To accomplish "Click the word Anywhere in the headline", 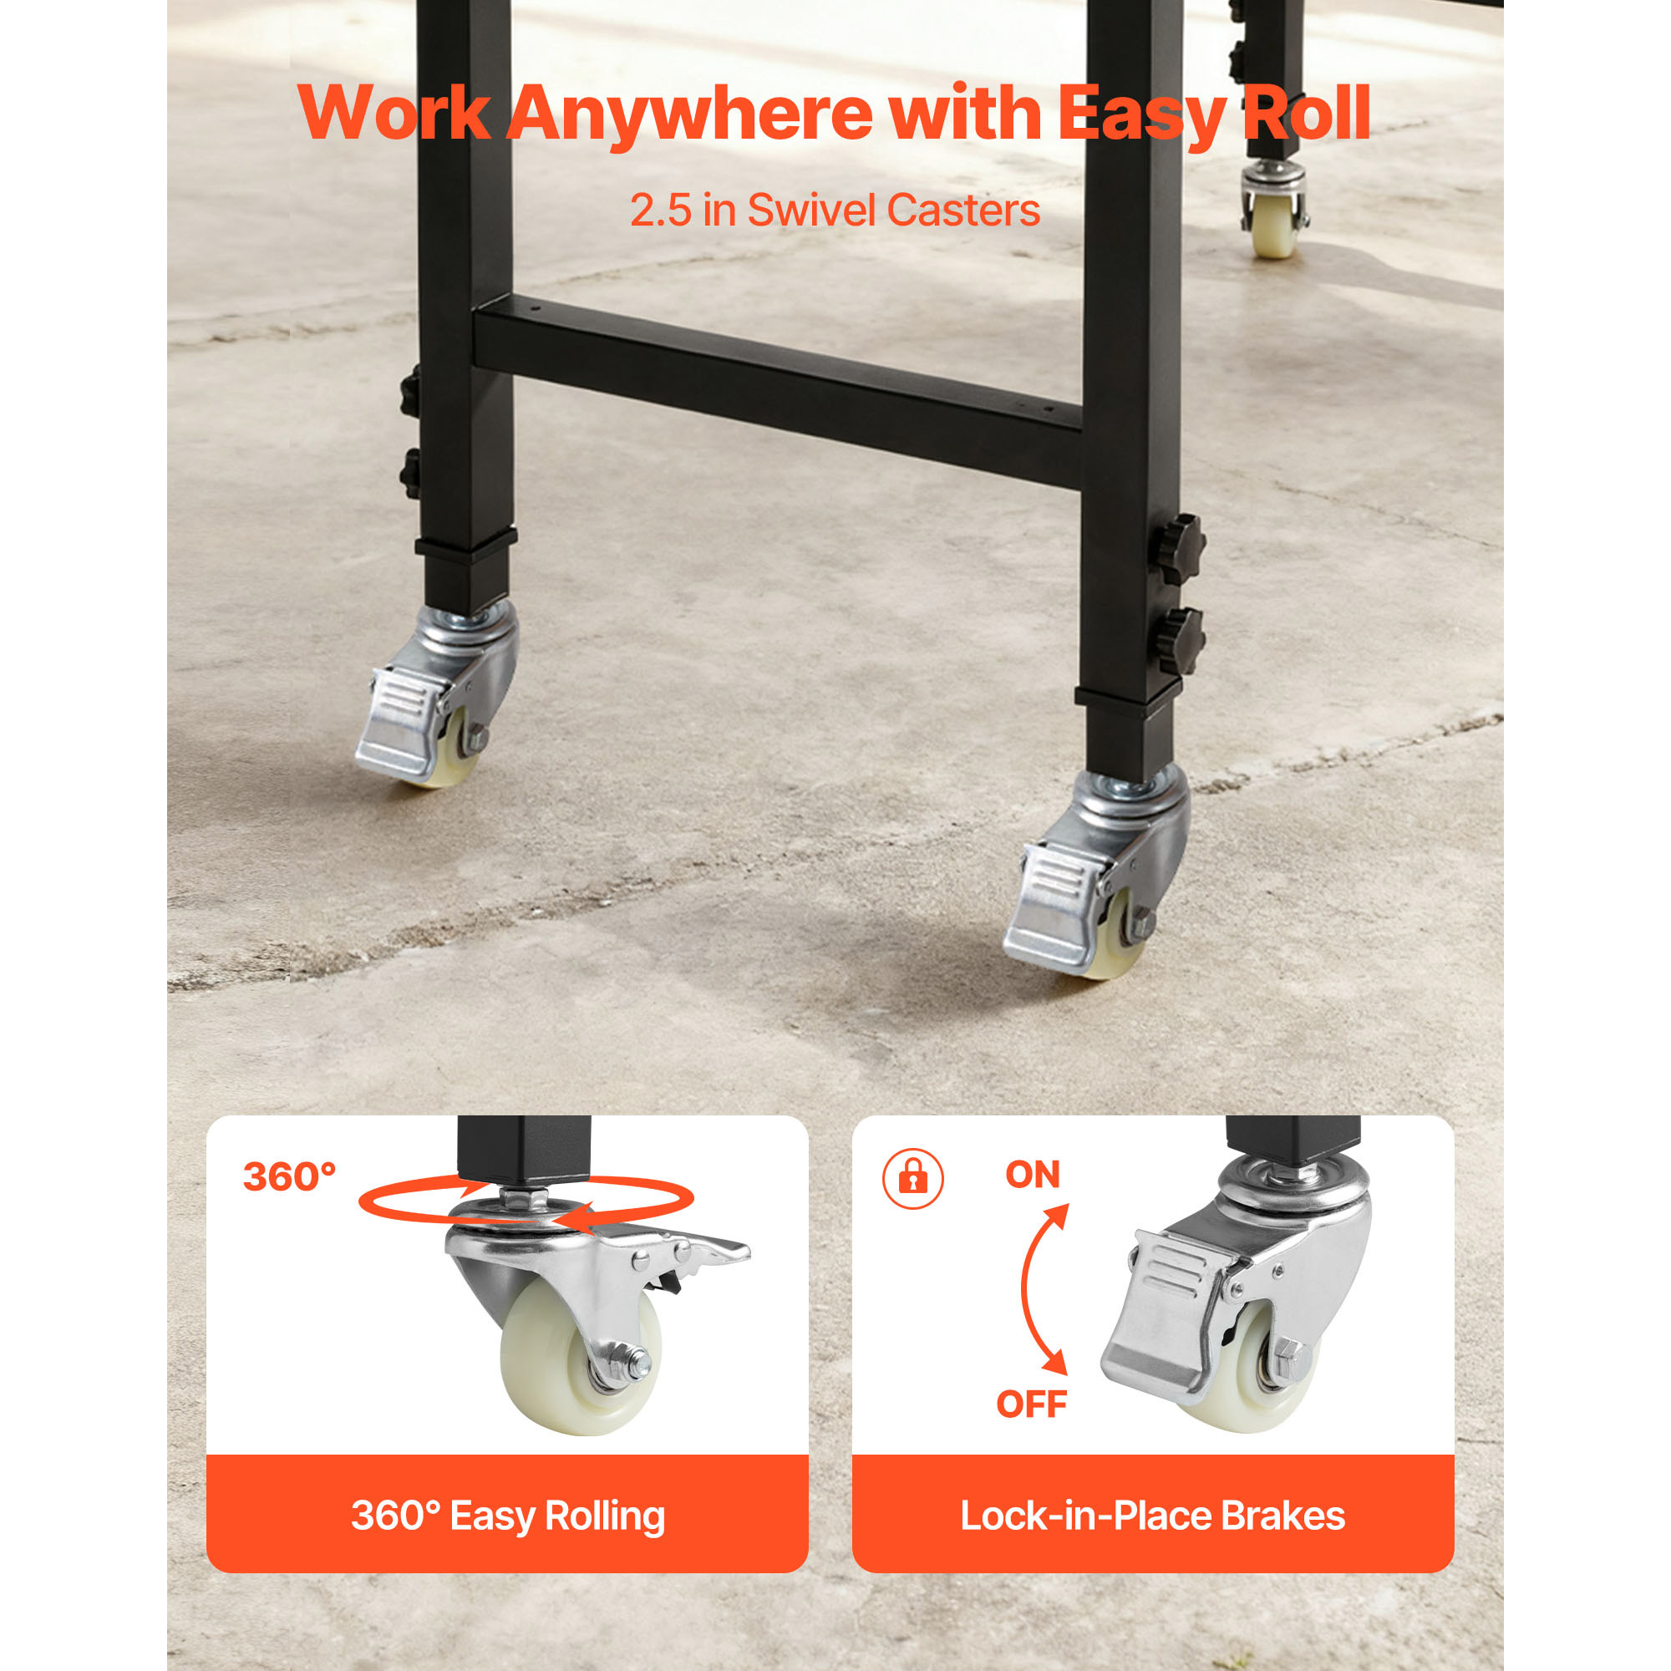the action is tap(689, 114).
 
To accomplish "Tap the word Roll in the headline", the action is tap(1306, 113).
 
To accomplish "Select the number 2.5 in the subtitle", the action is tap(661, 211).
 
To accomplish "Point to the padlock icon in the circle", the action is tap(912, 1178).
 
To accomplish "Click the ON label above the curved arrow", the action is tap(1033, 1175).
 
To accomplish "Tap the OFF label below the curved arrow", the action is tap(1031, 1404).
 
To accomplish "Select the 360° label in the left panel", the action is tap(289, 1176).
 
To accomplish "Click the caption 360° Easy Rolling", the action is tap(508, 1516).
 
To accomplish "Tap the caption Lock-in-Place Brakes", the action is tap(1153, 1516).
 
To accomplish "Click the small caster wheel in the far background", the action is tap(1274, 226).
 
